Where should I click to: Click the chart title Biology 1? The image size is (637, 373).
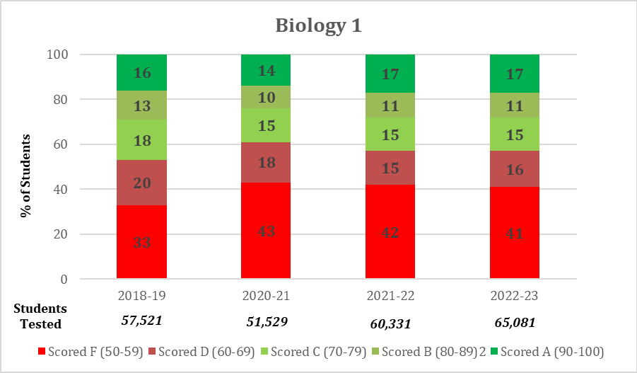(x=318, y=26)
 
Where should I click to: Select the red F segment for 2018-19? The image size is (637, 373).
(x=142, y=242)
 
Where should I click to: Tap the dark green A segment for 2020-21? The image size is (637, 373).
(x=266, y=70)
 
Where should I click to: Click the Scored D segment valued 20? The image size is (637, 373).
(x=142, y=183)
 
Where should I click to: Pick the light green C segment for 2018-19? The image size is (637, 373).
(x=142, y=139)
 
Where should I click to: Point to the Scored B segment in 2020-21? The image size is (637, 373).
(x=266, y=97)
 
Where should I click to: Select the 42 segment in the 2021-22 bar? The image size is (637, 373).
(x=390, y=232)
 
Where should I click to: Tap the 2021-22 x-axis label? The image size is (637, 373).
(x=390, y=294)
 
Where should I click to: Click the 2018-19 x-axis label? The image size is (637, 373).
(x=142, y=294)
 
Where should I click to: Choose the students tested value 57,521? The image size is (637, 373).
(x=142, y=321)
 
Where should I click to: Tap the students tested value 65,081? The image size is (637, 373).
(x=515, y=323)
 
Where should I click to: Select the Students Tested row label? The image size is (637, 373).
(x=40, y=316)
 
